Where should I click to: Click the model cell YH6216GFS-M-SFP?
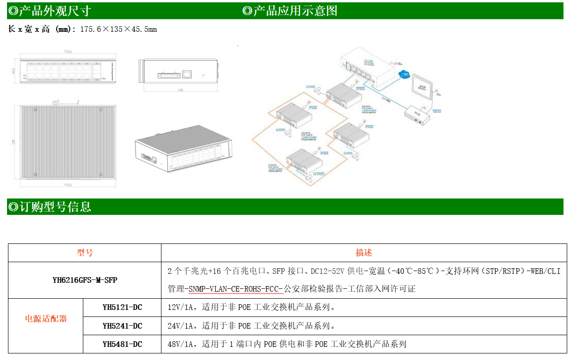tap(85, 280)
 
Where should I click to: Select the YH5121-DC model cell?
tap(122, 308)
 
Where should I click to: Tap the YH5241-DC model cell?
tap(122, 326)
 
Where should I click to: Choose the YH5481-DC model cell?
tap(122, 344)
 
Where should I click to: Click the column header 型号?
tap(85, 253)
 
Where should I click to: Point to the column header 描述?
tap(364, 253)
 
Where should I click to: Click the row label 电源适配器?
tap(46, 319)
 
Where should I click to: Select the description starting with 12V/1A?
tap(251, 308)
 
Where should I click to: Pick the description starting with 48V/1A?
tap(286, 344)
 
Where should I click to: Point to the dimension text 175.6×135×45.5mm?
tap(118, 29)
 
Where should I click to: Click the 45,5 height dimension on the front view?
tap(14, 71)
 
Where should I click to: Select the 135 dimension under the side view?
tap(181, 89)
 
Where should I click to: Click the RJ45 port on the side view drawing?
tap(187, 74)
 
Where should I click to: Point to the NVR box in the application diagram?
tap(417, 113)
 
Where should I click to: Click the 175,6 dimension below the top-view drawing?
tap(68, 185)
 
